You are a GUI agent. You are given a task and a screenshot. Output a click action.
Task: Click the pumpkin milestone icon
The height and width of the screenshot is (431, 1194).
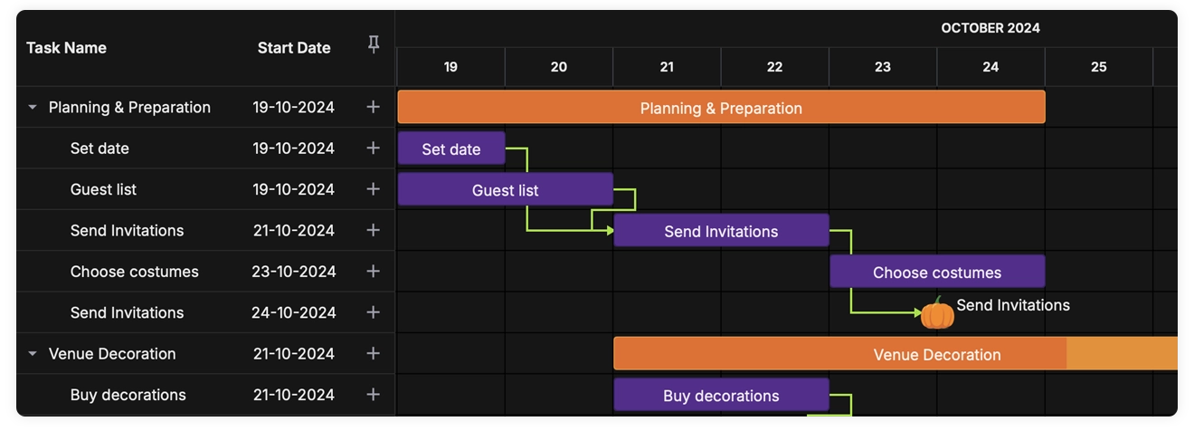tap(937, 313)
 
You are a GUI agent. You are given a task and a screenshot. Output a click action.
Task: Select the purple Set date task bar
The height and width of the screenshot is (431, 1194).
tap(450, 148)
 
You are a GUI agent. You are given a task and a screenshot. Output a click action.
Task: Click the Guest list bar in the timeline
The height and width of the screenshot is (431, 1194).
tap(505, 190)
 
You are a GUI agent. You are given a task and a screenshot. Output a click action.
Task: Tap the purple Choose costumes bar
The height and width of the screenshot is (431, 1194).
tap(936, 273)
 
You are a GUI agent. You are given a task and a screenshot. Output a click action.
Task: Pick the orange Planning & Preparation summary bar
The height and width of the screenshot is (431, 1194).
tap(721, 108)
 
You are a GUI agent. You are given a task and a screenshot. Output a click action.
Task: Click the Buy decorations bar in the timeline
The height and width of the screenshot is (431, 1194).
tap(721, 396)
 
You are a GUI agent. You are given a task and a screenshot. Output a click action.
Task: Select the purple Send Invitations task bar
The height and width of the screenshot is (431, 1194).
tap(721, 231)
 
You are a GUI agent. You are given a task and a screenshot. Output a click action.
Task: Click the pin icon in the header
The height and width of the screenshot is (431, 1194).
tap(373, 45)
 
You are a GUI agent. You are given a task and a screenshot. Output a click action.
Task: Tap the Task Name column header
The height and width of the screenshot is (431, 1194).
tap(66, 48)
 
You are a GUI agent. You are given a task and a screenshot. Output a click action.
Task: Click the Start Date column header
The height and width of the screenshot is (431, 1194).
tap(294, 48)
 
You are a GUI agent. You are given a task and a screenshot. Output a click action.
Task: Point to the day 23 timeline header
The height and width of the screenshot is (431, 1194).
tap(882, 67)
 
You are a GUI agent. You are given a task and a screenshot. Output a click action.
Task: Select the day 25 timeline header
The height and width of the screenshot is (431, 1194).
tap(1098, 67)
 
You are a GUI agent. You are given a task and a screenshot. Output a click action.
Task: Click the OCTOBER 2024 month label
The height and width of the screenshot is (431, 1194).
tap(990, 28)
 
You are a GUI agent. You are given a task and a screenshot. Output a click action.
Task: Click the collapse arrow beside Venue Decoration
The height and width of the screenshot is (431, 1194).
tap(33, 354)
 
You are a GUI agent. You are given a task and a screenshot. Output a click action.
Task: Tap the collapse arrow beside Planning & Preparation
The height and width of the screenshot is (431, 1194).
tap(33, 107)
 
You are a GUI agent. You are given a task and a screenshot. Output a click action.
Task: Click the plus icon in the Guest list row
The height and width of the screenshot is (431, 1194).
tap(373, 189)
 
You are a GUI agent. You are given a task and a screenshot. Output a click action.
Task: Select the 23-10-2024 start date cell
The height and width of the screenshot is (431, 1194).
tap(293, 272)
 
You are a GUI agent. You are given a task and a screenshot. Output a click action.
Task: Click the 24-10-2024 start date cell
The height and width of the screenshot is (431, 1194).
tap(293, 312)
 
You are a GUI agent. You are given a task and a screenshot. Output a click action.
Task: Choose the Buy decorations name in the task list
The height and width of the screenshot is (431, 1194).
tap(128, 395)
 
